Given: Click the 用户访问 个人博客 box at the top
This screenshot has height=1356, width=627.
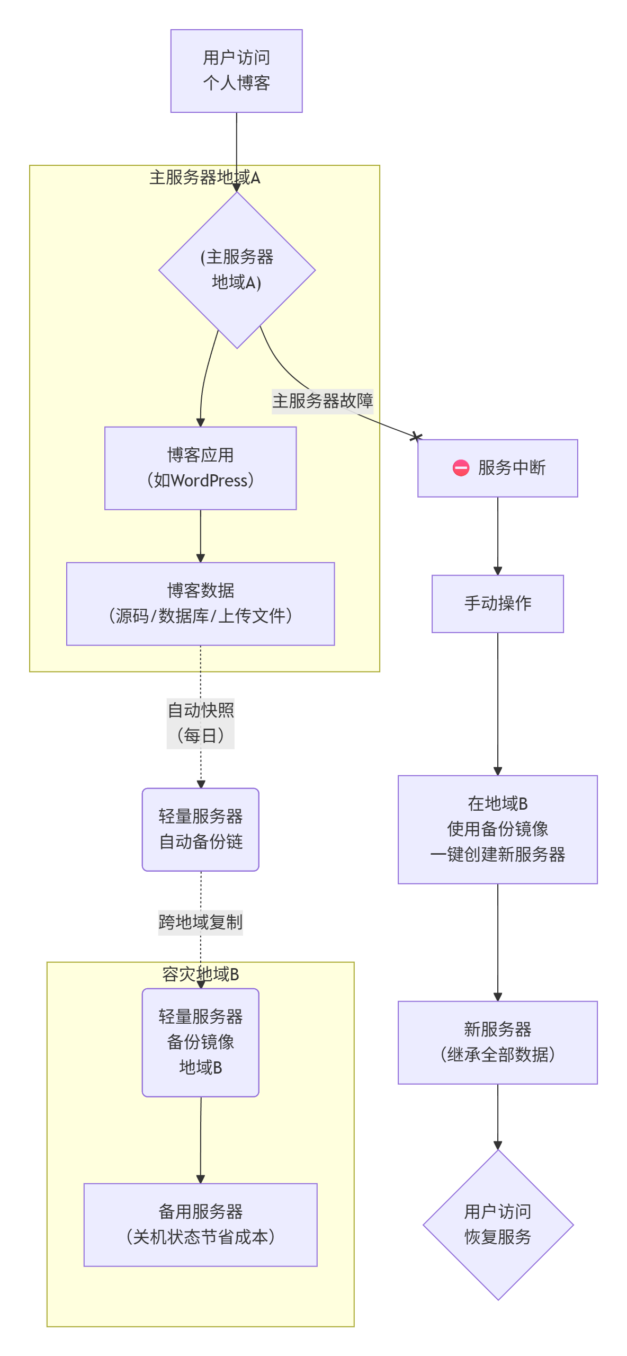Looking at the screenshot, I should point(236,70).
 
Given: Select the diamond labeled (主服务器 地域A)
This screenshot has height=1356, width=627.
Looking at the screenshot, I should point(237,270).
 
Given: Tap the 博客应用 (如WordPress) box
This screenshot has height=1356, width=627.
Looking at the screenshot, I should point(200,468).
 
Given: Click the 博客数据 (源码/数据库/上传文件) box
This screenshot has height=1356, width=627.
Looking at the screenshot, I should point(200,604).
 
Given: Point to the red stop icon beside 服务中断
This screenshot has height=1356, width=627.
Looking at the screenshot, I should point(461,468).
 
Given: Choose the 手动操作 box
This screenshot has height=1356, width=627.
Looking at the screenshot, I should point(497,604).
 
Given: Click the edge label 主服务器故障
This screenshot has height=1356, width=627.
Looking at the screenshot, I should point(323,401).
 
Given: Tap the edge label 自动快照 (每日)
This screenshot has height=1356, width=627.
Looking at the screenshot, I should point(200,723).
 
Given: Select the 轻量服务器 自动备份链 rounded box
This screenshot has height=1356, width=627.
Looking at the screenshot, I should point(200,829).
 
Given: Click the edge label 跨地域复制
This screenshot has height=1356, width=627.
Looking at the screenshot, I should point(200,923).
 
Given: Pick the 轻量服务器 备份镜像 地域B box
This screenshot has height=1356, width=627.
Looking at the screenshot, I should point(200,1042).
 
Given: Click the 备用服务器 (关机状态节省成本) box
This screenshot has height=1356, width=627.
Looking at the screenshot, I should point(200,1225).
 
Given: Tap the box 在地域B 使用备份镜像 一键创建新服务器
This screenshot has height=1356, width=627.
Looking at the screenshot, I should point(497,829).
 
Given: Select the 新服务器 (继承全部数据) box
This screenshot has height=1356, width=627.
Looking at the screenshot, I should point(497,1042).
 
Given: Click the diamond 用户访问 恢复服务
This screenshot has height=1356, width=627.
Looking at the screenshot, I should point(498,1225).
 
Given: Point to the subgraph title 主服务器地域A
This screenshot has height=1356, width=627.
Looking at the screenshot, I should point(204,178).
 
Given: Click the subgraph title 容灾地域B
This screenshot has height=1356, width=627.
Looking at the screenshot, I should point(200,974).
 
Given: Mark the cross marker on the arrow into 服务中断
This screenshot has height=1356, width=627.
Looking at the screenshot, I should point(417,437).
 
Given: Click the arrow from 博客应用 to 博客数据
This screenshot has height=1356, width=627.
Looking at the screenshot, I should point(200,535).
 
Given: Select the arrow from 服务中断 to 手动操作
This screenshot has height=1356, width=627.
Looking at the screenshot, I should point(497,535).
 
